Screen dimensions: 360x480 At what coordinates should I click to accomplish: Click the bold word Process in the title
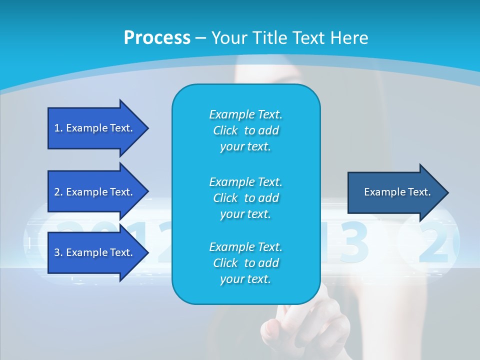157,38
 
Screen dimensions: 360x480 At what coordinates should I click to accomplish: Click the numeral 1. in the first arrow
58,128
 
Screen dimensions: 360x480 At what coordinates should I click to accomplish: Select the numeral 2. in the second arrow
58,192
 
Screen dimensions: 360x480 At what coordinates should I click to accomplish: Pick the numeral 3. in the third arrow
58,252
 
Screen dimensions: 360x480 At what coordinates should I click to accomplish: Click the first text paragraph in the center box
245,130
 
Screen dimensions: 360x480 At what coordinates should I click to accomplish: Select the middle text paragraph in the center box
245,198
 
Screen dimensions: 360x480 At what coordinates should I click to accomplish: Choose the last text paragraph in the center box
245,263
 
